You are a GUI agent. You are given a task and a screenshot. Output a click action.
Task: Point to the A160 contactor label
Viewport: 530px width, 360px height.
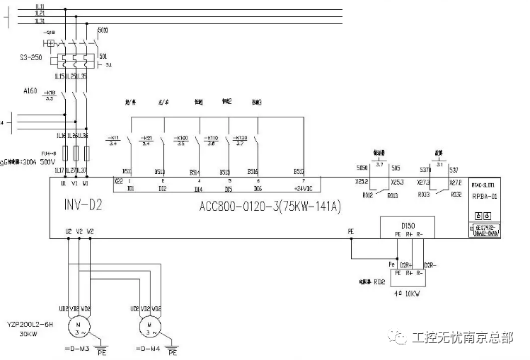coord(30,91)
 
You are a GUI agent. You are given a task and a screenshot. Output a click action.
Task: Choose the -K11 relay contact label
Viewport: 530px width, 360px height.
coord(113,137)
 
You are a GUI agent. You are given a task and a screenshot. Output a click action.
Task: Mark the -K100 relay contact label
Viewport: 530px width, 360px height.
coord(180,137)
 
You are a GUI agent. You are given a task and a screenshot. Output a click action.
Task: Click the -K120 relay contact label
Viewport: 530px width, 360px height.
coord(240,137)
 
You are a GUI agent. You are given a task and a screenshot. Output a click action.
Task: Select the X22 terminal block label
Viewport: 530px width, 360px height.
coord(118,181)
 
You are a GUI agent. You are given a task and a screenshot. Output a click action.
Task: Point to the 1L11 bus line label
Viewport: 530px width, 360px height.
coord(40,6)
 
